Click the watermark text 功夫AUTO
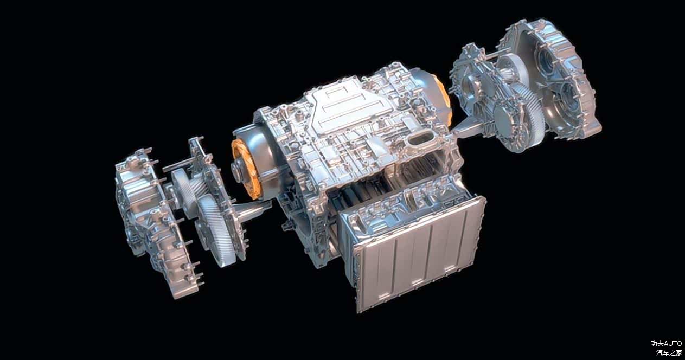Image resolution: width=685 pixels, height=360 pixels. tap(666, 344)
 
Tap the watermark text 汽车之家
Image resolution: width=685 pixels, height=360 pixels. tap(669, 352)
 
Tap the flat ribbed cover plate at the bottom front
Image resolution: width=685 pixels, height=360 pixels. tap(418, 254)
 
